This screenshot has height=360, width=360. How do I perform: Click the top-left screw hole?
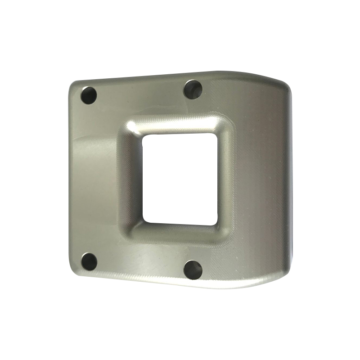tap(89, 95)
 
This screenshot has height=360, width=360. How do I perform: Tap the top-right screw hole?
tap(193, 89)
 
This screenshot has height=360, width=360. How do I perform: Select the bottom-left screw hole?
tap(90, 261)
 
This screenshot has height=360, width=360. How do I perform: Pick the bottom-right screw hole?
tap(193, 269)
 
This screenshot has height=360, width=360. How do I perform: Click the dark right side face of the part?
tap(288, 180)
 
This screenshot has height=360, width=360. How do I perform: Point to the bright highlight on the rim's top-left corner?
tap(130, 126)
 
